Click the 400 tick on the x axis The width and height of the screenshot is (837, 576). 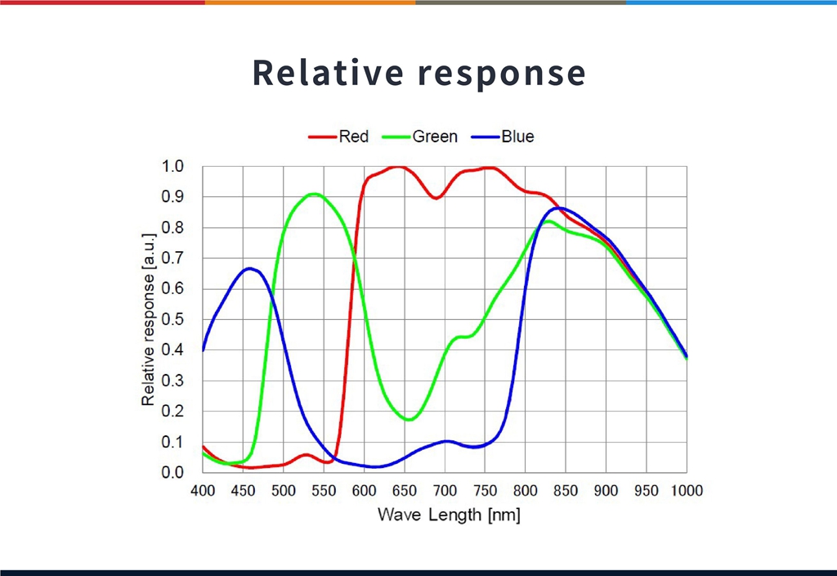[203, 491]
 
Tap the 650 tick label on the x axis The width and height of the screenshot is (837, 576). [405, 491]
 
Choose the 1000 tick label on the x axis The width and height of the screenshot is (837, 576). [686, 491]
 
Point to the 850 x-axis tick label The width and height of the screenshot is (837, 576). [566, 491]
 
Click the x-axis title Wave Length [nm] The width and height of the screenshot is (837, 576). [449, 515]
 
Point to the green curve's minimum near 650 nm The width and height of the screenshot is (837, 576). [409, 420]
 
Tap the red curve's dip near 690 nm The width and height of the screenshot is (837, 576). [436, 198]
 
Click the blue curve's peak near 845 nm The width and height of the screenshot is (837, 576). [562, 208]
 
